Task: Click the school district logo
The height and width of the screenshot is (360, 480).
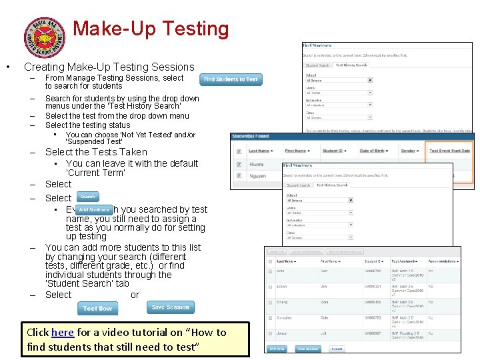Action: [x=45, y=37]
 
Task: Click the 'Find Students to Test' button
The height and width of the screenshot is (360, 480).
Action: [x=231, y=79]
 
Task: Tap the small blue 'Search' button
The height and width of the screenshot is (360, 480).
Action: [x=88, y=197]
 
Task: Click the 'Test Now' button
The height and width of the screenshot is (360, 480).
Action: [x=98, y=309]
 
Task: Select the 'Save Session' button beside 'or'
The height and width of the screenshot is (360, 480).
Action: [x=171, y=307]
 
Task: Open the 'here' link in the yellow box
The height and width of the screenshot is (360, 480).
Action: [x=63, y=332]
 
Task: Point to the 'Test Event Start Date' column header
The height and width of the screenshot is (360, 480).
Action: [x=449, y=151]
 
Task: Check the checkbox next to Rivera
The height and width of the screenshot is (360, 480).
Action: [x=238, y=165]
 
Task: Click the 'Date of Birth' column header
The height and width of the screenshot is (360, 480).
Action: [x=374, y=151]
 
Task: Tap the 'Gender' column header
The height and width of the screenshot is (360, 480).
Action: [x=407, y=151]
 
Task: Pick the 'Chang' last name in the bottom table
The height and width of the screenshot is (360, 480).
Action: [x=282, y=302]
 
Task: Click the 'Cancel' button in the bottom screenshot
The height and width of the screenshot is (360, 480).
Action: [x=337, y=349]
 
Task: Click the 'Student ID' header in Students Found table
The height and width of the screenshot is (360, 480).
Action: [x=335, y=151]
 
